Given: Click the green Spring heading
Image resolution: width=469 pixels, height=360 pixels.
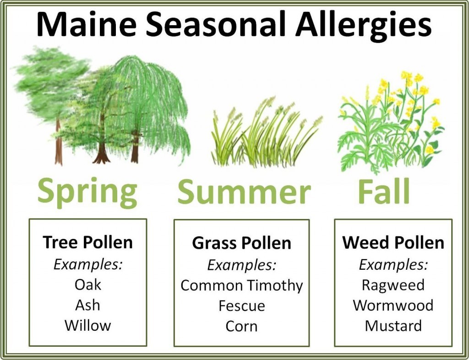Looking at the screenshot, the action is coord(87,192).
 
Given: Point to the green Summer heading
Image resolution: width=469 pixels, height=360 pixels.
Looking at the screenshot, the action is coord(244,191).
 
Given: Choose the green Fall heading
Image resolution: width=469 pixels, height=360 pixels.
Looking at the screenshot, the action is coord(384,191).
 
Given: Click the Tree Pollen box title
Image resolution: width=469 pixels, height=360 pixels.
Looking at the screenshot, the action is coord(87,242).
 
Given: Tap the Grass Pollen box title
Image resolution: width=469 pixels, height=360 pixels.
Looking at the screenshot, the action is coord(241,243).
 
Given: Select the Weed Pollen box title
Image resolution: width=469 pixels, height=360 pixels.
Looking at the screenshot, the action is coord(393,242).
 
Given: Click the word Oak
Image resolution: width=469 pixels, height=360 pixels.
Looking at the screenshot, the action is coord(87,284).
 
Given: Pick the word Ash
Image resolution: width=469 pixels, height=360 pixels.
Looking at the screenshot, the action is coord(87,305).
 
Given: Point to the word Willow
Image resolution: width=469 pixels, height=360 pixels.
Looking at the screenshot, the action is coord(87,326).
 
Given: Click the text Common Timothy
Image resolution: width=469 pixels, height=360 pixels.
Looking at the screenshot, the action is coord(242,286).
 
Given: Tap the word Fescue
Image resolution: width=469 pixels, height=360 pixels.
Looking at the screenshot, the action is coord(242,306).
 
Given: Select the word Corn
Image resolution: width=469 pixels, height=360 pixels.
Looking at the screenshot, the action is coord(242,326).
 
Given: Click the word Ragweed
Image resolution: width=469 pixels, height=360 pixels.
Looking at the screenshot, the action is coord(393,285).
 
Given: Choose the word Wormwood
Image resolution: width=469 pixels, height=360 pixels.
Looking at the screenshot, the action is coord(393,305).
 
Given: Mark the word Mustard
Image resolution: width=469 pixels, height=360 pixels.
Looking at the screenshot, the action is coord(393,326).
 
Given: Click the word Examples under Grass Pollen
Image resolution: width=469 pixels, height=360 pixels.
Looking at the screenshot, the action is coord(241,265).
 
